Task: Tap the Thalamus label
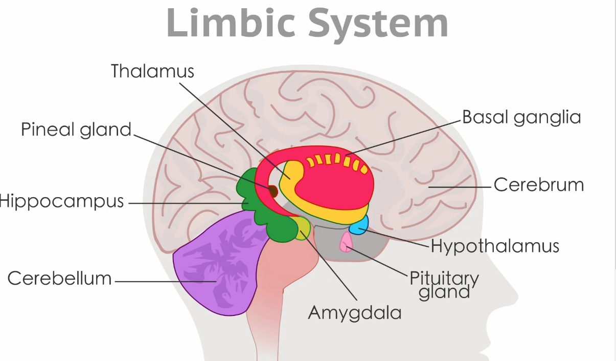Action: (x=153, y=71)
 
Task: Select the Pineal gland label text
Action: (x=76, y=130)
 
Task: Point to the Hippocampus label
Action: (x=62, y=201)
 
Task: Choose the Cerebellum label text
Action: (x=60, y=278)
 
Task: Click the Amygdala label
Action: (x=354, y=312)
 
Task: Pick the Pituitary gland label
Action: (x=444, y=284)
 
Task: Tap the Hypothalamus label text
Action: (x=495, y=246)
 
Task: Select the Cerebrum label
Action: (x=538, y=185)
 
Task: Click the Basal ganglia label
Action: (x=521, y=117)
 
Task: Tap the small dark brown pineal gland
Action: (x=273, y=192)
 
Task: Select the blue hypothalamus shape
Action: (x=360, y=225)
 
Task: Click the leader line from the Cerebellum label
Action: (x=164, y=281)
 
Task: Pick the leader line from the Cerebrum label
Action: (x=460, y=187)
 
